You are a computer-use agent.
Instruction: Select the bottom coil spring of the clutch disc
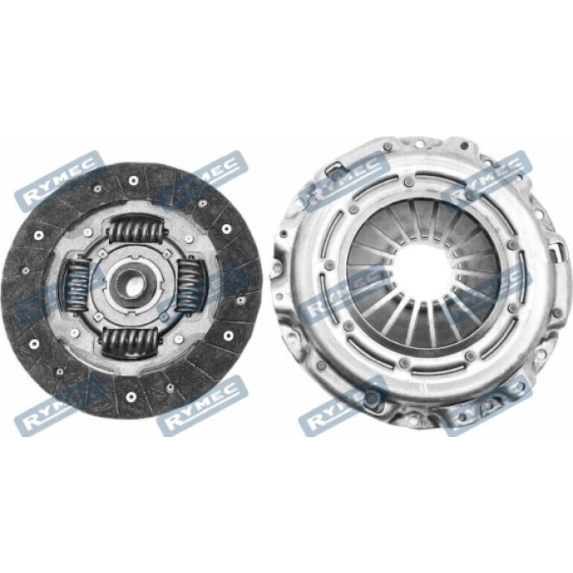[130, 342]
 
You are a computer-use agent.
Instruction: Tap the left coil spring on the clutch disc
[78, 284]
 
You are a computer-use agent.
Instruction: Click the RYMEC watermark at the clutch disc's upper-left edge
[59, 182]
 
